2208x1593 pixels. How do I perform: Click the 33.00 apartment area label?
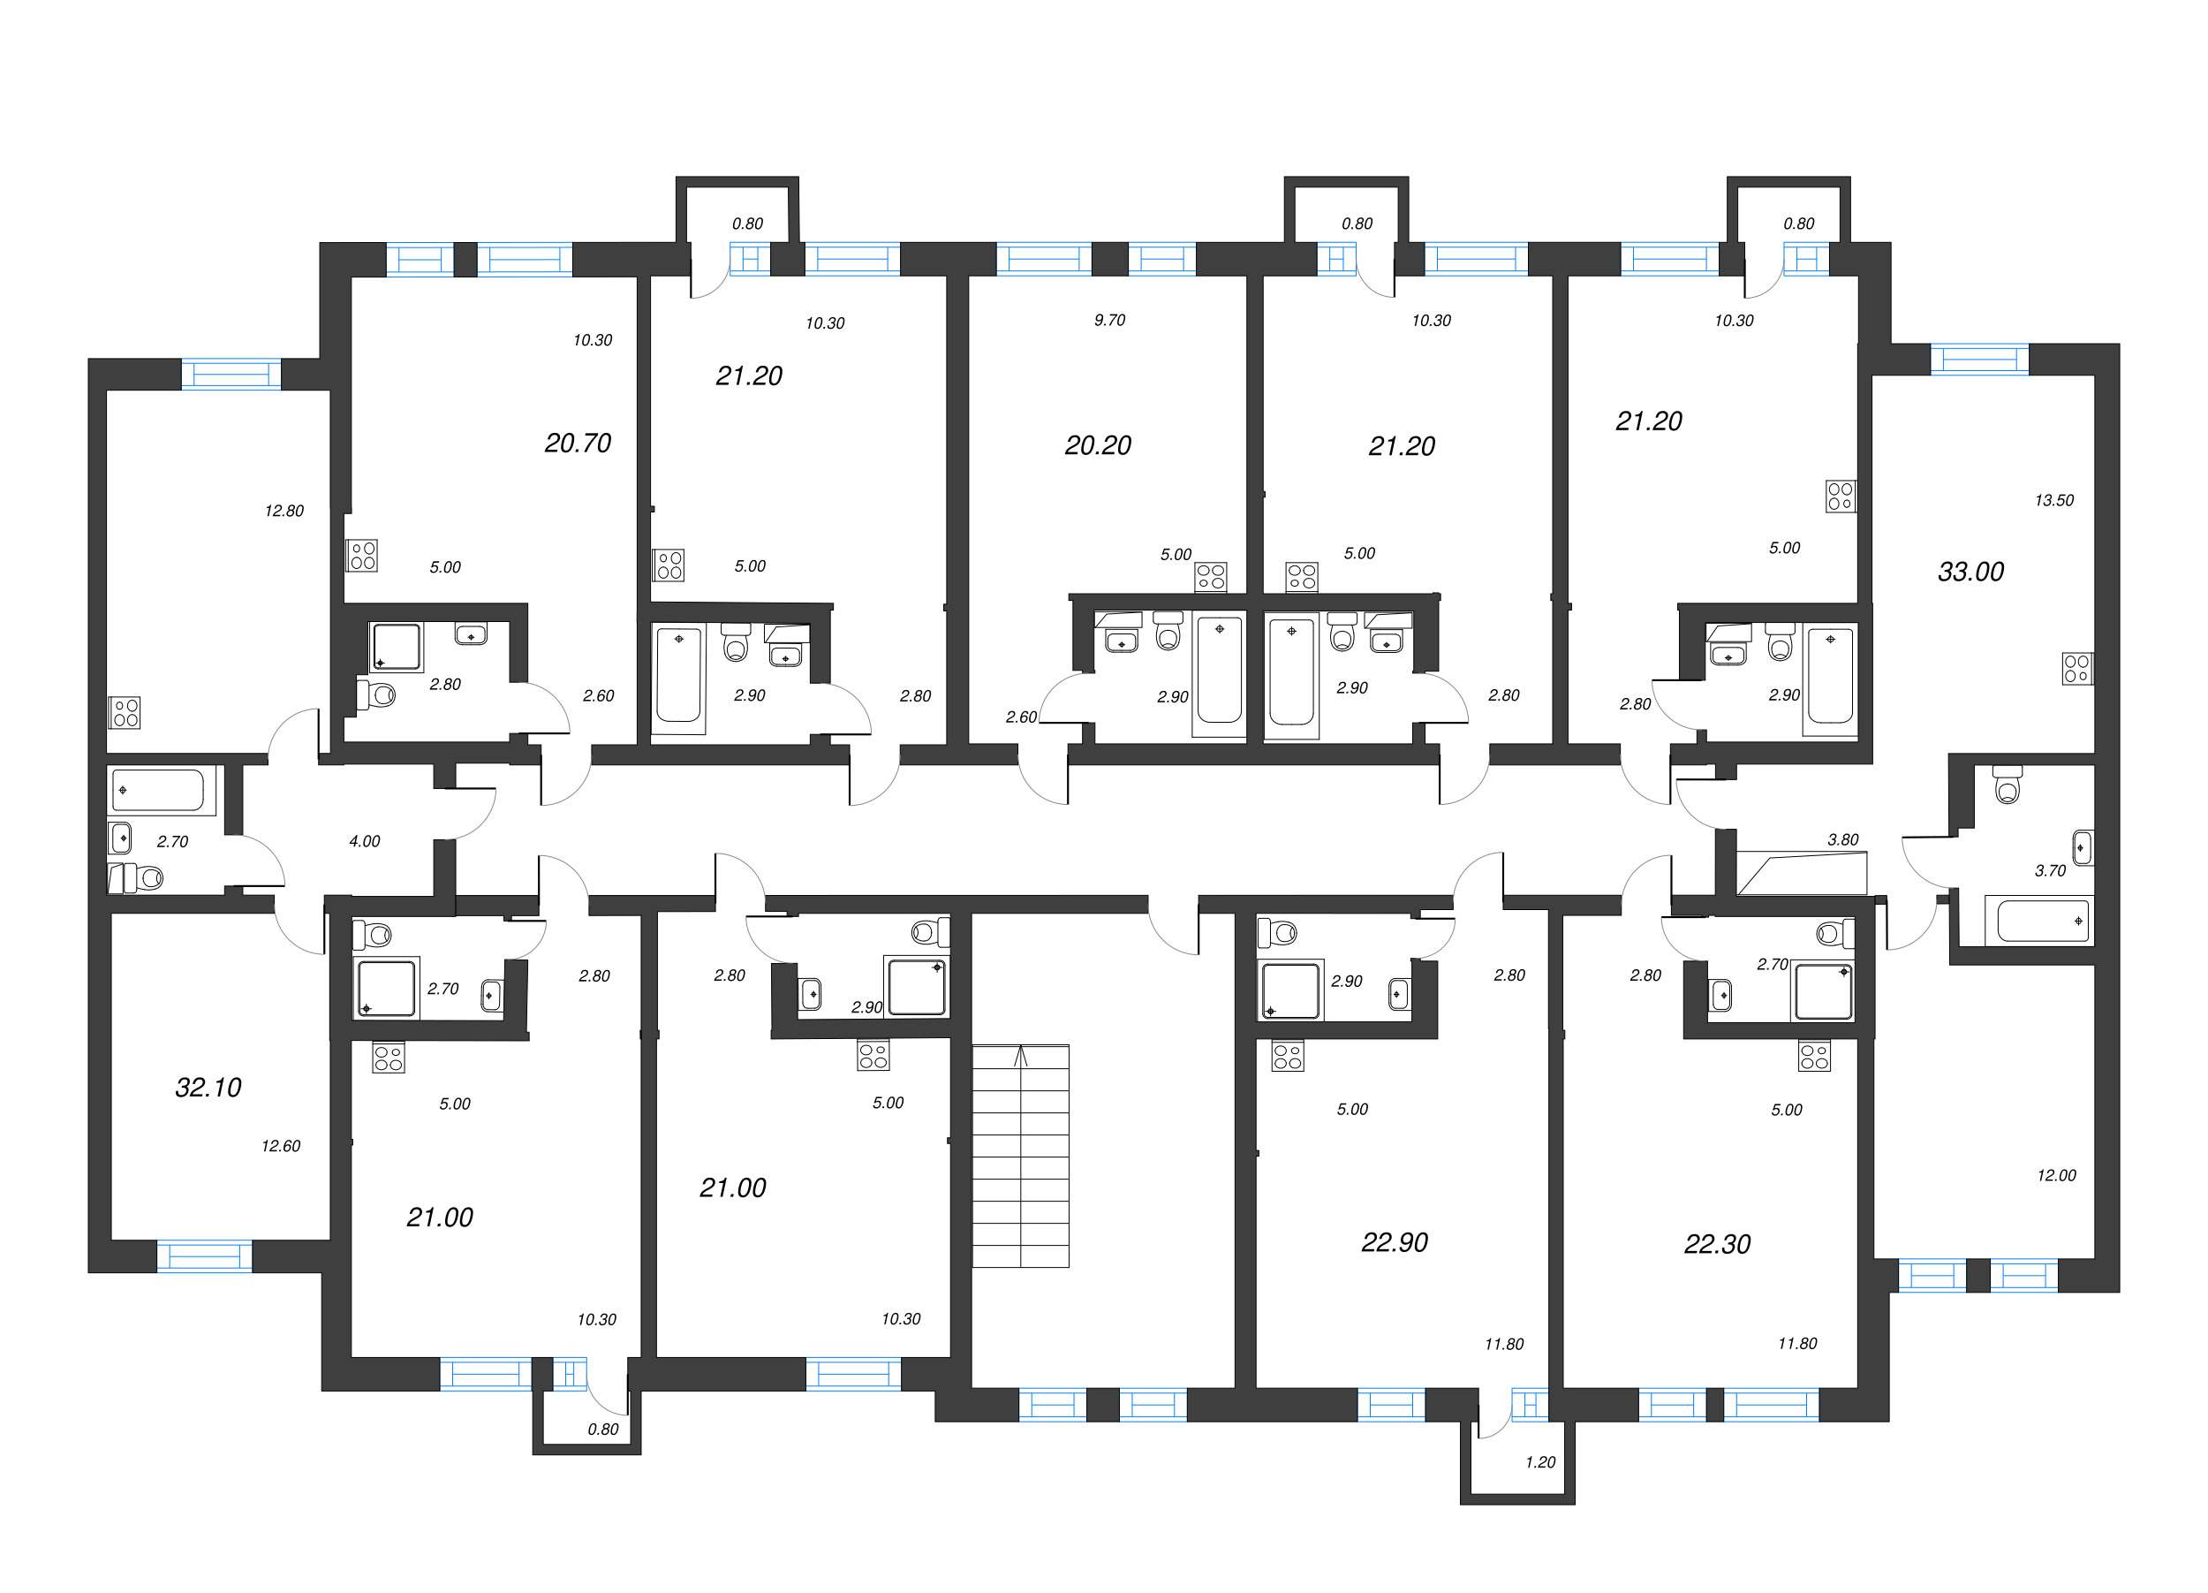click(1970, 573)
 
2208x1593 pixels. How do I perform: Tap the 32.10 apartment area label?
click(208, 1088)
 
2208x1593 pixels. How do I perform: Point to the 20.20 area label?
click(1097, 446)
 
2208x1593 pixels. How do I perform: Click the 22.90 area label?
click(1394, 1242)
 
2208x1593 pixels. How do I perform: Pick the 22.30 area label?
click(1717, 1244)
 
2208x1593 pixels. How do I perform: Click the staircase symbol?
click(1020, 1156)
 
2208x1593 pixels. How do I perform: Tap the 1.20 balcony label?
click(1540, 1462)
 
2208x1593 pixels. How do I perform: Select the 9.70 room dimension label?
click(1109, 321)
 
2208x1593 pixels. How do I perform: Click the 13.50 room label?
click(2054, 500)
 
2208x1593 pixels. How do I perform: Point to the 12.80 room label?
click(284, 512)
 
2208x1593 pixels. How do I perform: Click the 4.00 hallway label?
click(364, 841)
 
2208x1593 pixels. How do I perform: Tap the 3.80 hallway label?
click(1843, 839)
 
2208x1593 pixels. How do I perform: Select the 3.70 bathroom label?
click(2050, 870)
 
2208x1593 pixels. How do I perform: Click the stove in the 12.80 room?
click(125, 713)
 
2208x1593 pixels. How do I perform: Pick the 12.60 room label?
click(280, 1146)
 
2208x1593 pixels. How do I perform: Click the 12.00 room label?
click(2056, 1175)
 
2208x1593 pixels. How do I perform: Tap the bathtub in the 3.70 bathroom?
click(2043, 920)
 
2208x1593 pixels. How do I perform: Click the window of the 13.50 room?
click(1980, 360)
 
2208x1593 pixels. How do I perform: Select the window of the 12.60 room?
click(204, 1256)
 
